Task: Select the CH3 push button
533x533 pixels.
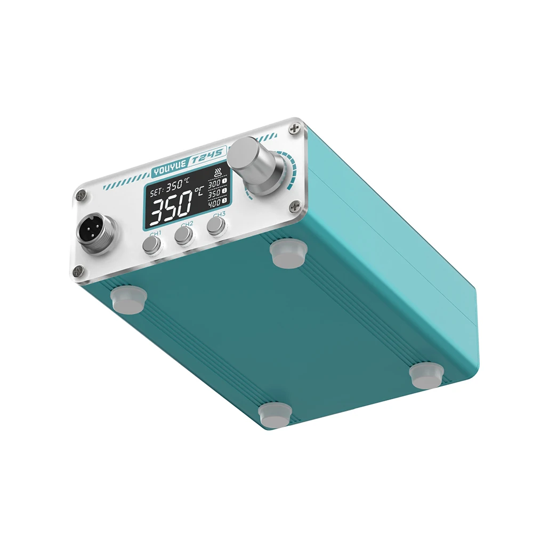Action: [216, 227]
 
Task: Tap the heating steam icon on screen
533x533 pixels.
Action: [217, 172]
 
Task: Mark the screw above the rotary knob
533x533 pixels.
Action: [294, 128]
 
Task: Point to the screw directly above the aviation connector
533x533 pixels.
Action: [81, 196]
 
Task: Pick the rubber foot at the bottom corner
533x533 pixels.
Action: [275, 415]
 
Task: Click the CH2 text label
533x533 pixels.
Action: [187, 224]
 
